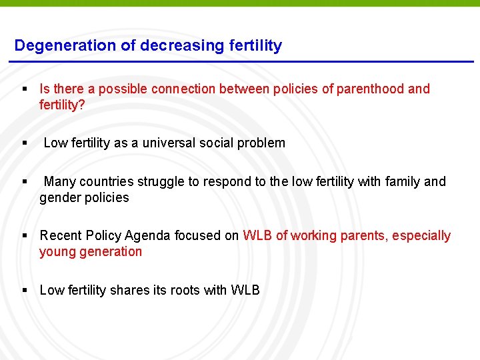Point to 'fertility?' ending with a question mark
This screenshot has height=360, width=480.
[62, 105]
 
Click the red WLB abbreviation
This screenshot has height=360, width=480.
[257, 235]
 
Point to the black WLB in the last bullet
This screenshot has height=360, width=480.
[245, 290]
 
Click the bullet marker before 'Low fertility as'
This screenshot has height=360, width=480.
[25, 143]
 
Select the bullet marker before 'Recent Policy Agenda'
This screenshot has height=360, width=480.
[25, 235]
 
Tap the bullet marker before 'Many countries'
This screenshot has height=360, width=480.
[25, 181]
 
